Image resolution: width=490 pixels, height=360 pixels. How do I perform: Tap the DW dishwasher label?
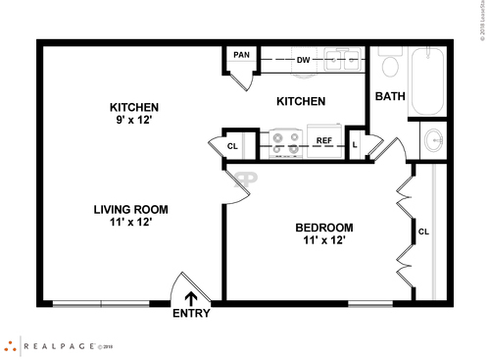304,60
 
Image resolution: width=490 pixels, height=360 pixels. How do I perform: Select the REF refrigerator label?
323,141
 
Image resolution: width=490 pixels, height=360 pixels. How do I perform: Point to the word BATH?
391,96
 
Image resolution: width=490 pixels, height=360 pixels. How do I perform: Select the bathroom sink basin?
432,140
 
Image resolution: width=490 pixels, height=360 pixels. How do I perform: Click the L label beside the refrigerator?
355,145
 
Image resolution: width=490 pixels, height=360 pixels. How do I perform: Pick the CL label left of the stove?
232,146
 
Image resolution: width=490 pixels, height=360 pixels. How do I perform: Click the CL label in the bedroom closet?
423,232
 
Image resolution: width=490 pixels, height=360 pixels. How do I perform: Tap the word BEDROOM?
324,228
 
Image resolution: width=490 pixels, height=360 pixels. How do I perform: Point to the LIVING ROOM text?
130,209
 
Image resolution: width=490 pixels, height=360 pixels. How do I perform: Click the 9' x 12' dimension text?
133,120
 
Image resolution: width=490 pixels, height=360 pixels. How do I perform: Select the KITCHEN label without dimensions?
301,102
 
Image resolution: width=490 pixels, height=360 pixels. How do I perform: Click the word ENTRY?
191,314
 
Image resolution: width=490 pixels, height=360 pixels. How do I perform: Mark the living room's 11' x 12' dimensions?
130,223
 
